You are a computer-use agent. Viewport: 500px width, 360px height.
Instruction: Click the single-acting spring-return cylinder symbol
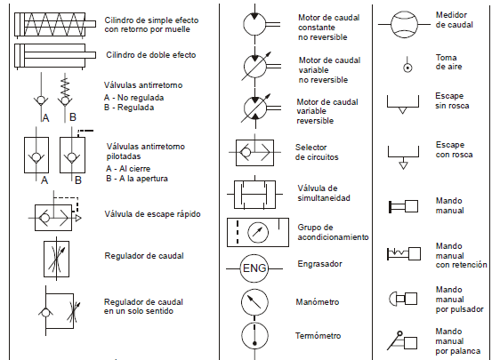52,23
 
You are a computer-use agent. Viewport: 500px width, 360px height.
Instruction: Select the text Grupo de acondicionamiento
332,232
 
